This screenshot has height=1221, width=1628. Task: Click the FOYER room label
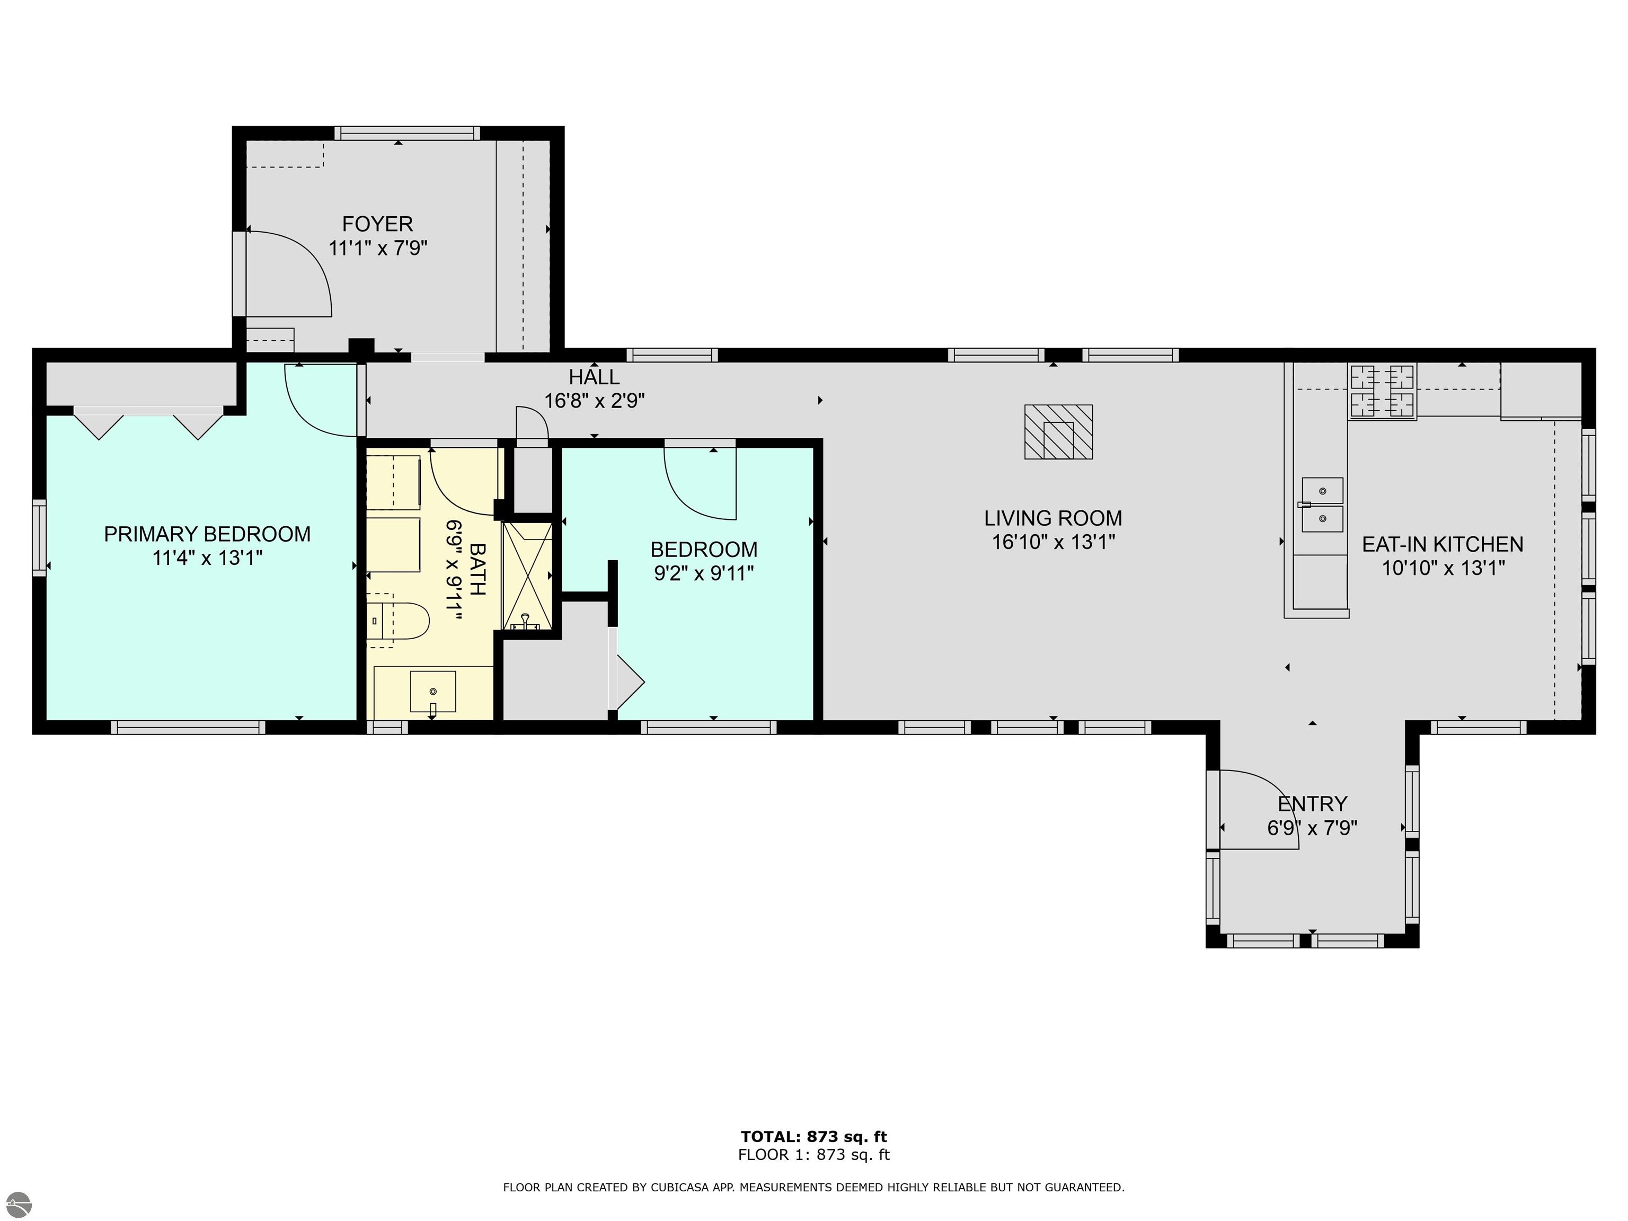(x=377, y=224)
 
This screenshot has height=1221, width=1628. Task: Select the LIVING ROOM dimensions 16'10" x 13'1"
(x=1053, y=543)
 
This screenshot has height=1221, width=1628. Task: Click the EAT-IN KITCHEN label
(x=1443, y=545)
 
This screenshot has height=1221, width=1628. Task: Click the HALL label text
(x=594, y=377)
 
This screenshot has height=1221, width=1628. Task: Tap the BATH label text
(x=477, y=569)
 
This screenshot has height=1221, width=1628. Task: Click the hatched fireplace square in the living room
(x=1058, y=432)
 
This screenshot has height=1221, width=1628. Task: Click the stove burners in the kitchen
(x=1382, y=392)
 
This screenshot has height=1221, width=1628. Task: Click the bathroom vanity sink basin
(x=433, y=692)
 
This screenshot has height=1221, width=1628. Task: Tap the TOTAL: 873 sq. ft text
(x=814, y=1136)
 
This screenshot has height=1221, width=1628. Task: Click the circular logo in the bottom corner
(x=16, y=1205)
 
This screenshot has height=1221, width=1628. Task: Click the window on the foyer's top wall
(x=407, y=133)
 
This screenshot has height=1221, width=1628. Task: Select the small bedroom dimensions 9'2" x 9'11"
(x=704, y=573)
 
